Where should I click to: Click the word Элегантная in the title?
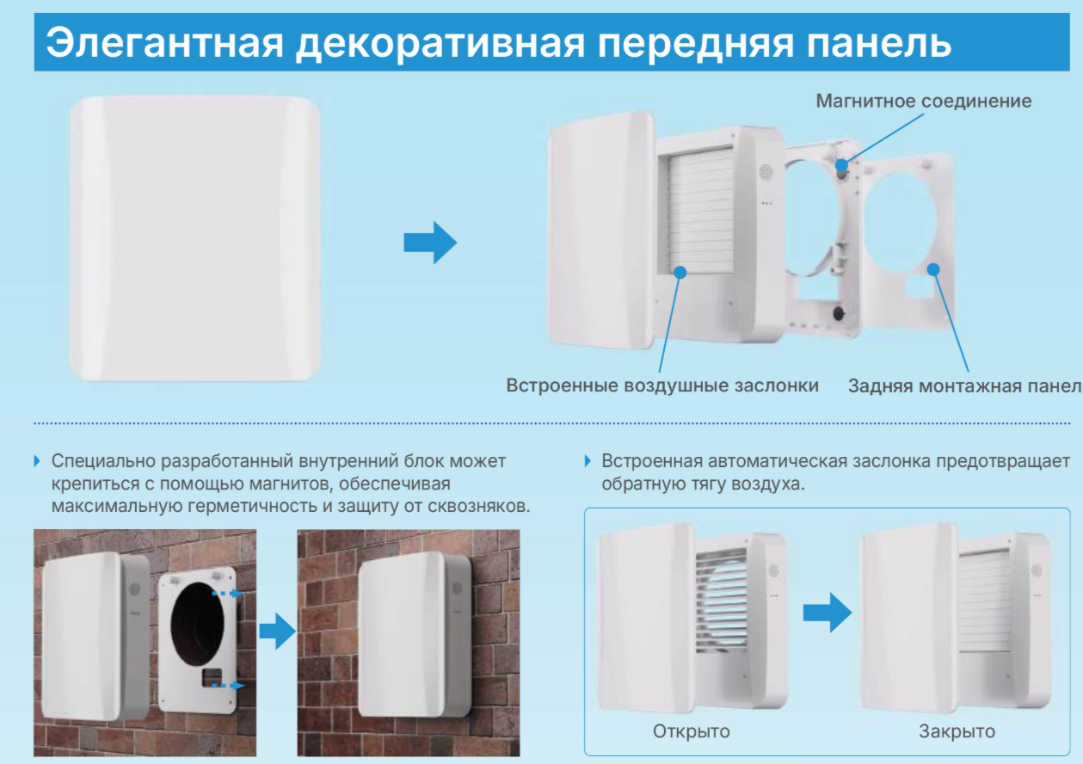[x=163, y=41]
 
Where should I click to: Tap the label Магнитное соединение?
[x=923, y=102]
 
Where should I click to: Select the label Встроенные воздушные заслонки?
[x=662, y=385]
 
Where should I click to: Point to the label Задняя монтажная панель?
[x=963, y=385]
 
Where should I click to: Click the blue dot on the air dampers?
[x=680, y=272]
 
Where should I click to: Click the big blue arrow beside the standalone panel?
[x=429, y=243]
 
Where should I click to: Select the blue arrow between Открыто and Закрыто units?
[x=827, y=613]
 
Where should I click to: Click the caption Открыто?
[x=691, y=732]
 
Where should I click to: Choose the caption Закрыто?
[x=957, y=732]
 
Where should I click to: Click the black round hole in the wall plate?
[x=199, y=619]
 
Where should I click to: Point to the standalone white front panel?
[x=195, y=238]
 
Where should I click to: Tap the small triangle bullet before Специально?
[x=37, y=461]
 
